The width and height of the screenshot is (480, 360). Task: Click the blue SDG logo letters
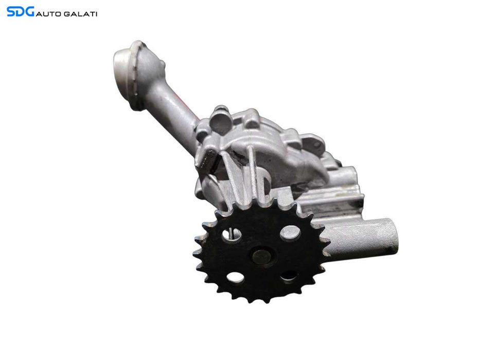pyautogui.click(x=20, y=12)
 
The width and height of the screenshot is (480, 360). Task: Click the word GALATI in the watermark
pyautogui.click(x=80, y=14)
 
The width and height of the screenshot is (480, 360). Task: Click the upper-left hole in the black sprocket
pyautogui.click(x=232, y=234)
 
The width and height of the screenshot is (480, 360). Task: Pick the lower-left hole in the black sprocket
pyautogui.click(x=236, y=277)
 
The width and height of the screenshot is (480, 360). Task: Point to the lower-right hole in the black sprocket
pyautogui.click(x=289, y=276)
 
